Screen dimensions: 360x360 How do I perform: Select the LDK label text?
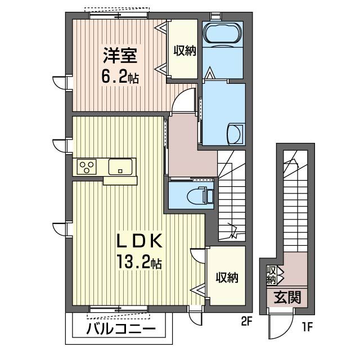click(x=139, y=241)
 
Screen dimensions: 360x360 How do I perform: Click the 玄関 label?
click(x=287, y=296)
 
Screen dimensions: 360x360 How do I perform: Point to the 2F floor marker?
click(x=245, y=323)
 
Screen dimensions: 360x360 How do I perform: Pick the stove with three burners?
click(x=88, y=166)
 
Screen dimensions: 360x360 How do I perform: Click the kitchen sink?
click(x=120, y=166)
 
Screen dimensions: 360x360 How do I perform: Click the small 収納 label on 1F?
click(x=272, y=274)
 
